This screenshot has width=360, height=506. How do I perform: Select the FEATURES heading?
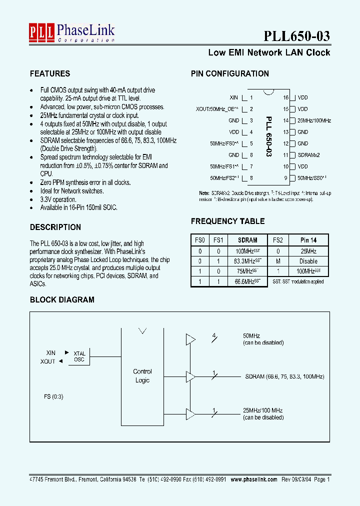tap(50, 73)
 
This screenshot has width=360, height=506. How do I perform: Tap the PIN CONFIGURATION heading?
tap(230, 73)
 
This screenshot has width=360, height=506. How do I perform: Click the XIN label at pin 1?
tap(234, 98)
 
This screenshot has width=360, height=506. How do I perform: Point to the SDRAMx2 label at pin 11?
tap(308, 155)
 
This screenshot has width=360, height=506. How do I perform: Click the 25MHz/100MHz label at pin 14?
tap(314, 120)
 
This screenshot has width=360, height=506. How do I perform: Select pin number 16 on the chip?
tap(286, 98)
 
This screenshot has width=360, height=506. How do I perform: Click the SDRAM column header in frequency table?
tap(247, 240)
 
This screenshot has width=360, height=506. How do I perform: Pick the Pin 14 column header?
tap(308, 240)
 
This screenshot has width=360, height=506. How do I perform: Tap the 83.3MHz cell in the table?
tap(248, 261)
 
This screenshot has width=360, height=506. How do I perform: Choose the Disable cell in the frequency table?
tap(308, 261)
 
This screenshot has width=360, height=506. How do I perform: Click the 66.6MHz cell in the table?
tap(248, 281)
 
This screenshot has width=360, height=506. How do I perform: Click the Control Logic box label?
tap(142, 376)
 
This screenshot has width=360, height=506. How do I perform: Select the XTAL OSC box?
tap(79, 356)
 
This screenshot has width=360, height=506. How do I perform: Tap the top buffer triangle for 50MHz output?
tap(190, 339)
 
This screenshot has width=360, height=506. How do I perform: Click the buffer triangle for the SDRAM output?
tap(190, 376)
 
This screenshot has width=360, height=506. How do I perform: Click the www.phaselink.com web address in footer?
tap(253, 479)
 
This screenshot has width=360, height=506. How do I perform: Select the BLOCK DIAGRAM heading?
tap(62, 300)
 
